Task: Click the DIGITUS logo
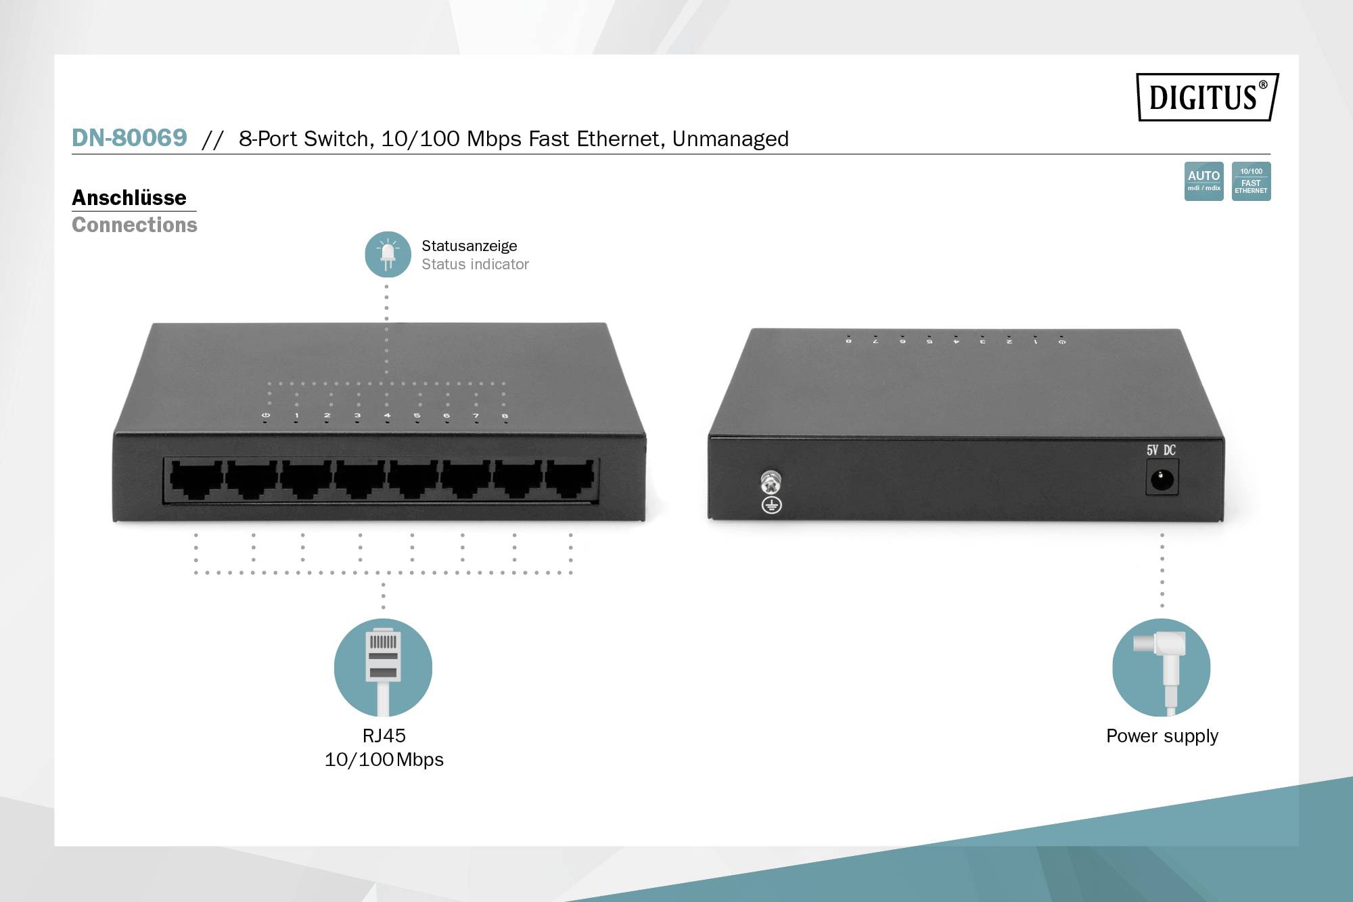click(1208, 97)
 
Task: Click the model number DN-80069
click(129, 138)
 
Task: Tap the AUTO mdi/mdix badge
click(1203, 181)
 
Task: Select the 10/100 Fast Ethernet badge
click(1251, 181)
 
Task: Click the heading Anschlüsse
click(129, 198)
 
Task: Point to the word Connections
click(135, 225)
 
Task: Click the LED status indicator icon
click(388, 254)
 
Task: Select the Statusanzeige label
click(469, 246)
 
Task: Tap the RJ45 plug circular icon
click(383, 667)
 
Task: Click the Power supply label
click(1162, 736)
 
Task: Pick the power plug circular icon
click(1161, 667)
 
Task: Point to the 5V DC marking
click(1161, 450)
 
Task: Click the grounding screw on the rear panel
click(771, 481)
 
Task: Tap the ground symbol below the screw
click(771, 505)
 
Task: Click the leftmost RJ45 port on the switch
click(196, 478)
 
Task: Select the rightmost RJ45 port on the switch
click(570, 478)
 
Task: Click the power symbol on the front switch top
click(265, 415)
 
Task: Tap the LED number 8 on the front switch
click(505, 416)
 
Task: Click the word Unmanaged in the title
click(730, 139)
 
